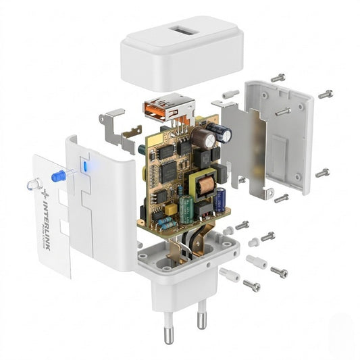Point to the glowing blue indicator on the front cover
(85, 167)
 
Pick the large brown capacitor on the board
(203, 136)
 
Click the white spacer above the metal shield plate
(230, 94)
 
